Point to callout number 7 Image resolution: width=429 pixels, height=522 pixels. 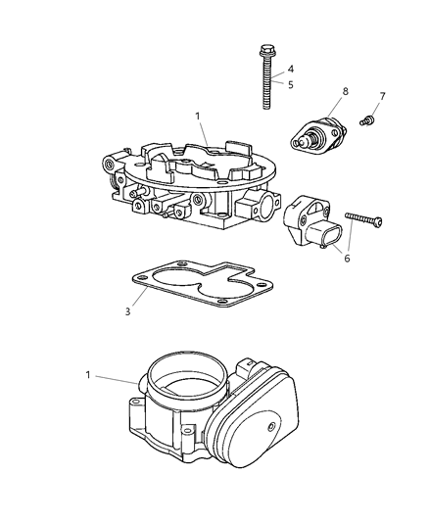tap(383, 96)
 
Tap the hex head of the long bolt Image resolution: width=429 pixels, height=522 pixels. tap(265, 51)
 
